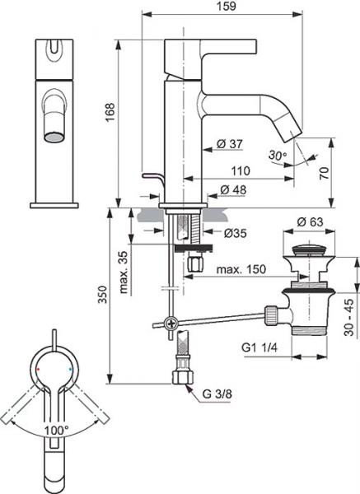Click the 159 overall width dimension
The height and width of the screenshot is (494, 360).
coord(227,6)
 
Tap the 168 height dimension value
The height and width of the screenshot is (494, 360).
coord(110,113)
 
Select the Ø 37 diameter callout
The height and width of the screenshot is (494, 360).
coord(230,144)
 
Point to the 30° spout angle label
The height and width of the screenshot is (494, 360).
coord(278,155)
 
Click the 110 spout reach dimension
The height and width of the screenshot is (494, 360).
coord(241,171)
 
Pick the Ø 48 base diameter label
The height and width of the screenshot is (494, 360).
coord(233,189)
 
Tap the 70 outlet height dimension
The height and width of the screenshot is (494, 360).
coord(325,173)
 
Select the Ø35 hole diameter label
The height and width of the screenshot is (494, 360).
coord(236,233)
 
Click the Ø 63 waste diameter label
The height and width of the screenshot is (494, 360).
coord(311,221)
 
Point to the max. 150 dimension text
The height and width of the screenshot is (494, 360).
coord(241,269)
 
